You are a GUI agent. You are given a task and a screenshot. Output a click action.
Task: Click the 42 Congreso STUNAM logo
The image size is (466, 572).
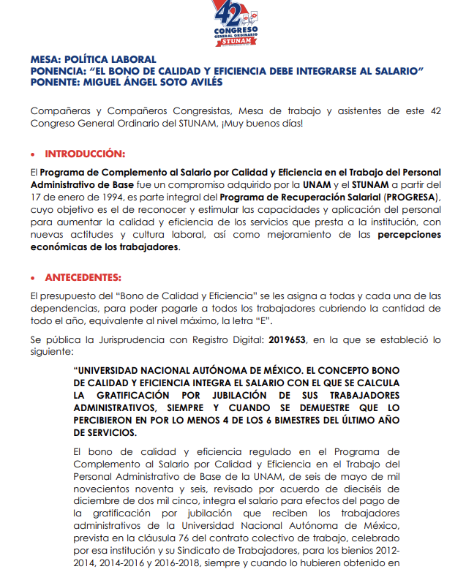pyautogui.click(x=233, y=24)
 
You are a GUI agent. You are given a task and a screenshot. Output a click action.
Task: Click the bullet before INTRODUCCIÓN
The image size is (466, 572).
pyautogui.click(x=33, y=154)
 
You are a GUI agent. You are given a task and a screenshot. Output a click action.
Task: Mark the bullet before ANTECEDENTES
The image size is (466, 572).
pyautogui.click(x=33, y=278)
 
